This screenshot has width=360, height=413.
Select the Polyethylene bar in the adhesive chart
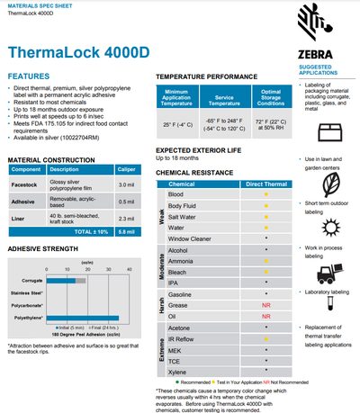click(x=76, y=317)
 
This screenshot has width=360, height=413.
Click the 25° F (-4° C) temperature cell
click(x=176, y=123)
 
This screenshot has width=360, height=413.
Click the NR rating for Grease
click(x=265, y=305)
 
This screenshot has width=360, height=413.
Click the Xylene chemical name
click(x=177, y=371)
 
